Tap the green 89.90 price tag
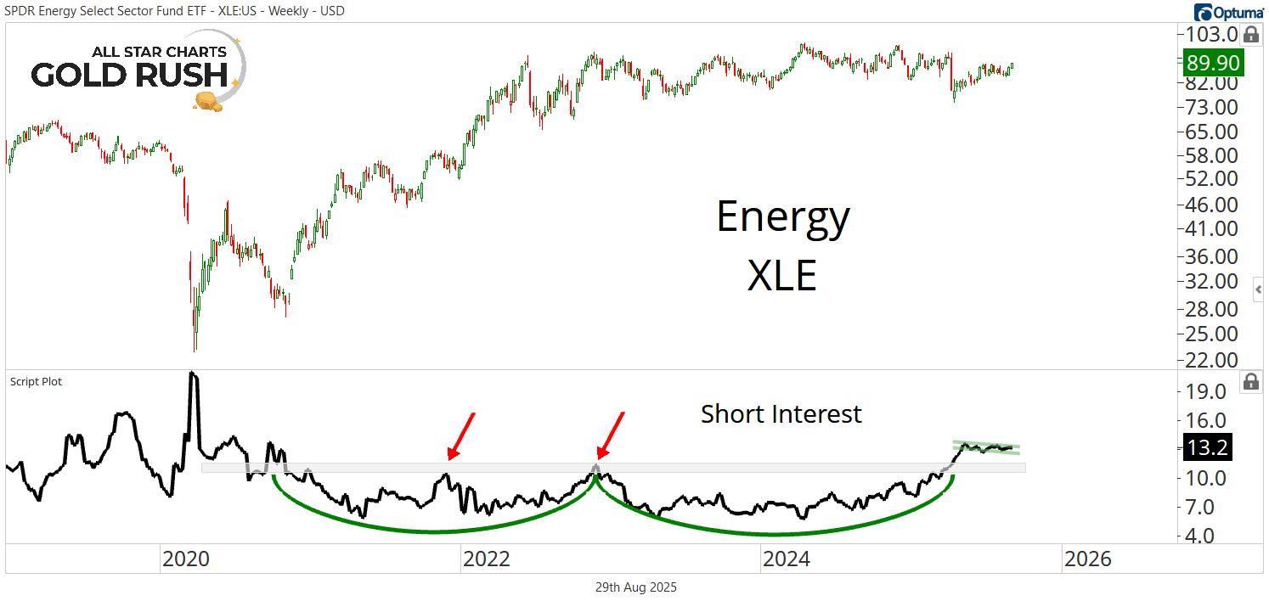1212,63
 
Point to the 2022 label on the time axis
486,559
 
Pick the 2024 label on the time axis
787,559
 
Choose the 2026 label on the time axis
1087,559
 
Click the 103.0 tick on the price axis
1206,35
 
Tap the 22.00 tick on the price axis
1206,360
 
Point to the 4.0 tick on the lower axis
1206,536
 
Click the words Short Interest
781,414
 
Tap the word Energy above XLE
782,216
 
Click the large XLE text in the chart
781,276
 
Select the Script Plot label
36,382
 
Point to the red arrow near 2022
460,435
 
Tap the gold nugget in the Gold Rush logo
207,102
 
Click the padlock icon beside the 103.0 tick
1250,35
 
